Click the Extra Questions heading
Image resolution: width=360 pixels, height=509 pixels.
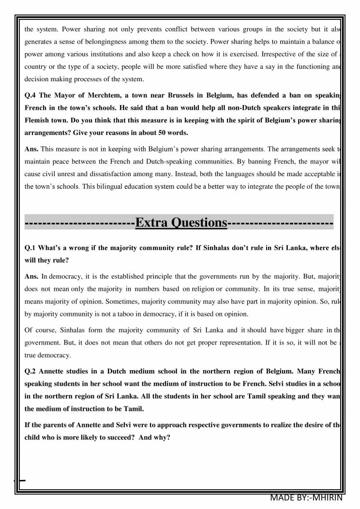click(181, 223)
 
